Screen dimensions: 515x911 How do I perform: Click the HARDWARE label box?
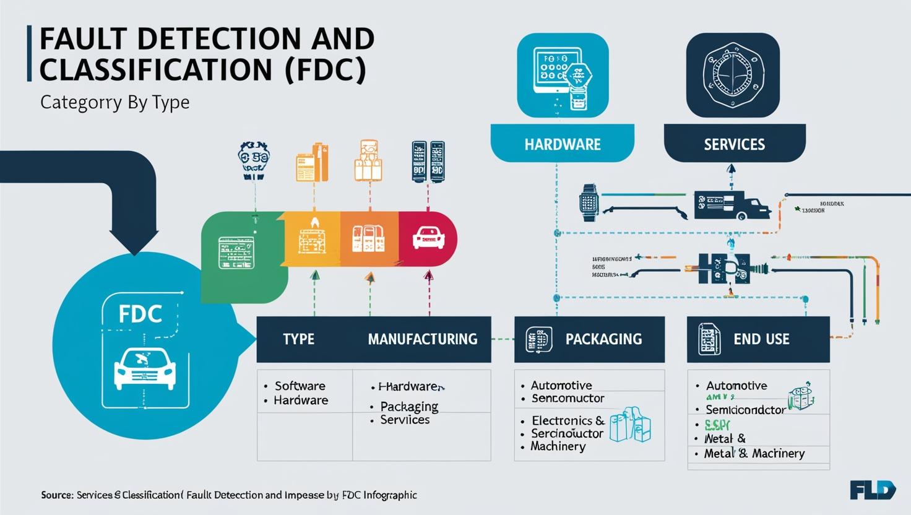tap(562, 144)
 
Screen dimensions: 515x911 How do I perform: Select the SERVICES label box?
tap(734, 144)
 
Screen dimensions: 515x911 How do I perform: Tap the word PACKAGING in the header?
tap(603, 339)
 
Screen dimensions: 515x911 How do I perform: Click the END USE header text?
tap(761, 339)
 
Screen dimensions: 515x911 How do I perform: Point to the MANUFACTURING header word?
tap(422, 339)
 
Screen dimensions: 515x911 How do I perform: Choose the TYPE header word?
tap(298, 339)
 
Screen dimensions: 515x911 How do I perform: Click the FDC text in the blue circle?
tap(140, 314)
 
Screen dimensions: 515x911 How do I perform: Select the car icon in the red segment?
tap(426, 238)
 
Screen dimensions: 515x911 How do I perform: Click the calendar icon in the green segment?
tap(236, 253)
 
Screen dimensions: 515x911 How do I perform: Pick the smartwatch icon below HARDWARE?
tap(589, 202)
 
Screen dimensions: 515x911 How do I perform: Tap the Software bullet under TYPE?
tap(300, 386)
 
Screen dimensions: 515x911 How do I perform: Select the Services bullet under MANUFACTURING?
tap(405, 420)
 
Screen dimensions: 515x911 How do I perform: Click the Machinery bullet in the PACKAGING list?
tap(558, 446)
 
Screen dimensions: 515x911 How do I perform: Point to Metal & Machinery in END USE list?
tap(754, 454)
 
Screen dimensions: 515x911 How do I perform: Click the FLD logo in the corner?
tap(873, 491)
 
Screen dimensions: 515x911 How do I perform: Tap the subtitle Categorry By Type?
tap(114, 102)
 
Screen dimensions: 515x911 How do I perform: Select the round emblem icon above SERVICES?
tap(733, 74)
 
